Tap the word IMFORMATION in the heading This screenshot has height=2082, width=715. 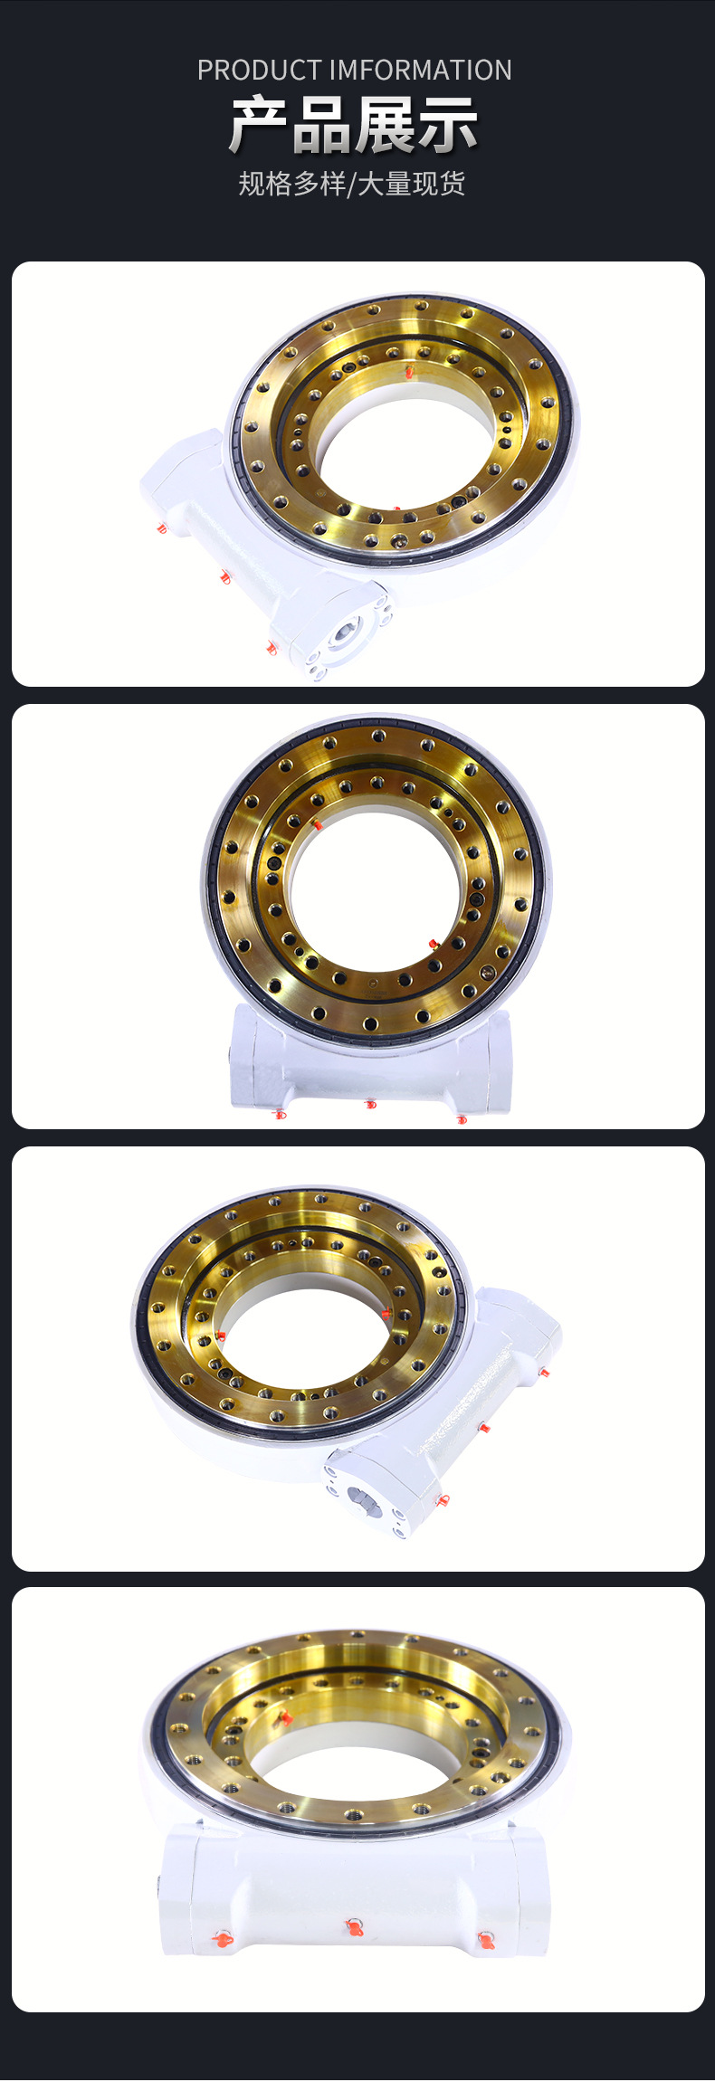pos(420,71)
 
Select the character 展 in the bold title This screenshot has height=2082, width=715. pos(385,125)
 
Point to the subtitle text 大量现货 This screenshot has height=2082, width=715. pos(412,184)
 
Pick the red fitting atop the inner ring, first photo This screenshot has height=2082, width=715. pos(409,371)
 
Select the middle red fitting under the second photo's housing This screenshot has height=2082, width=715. pos(369,1104)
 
